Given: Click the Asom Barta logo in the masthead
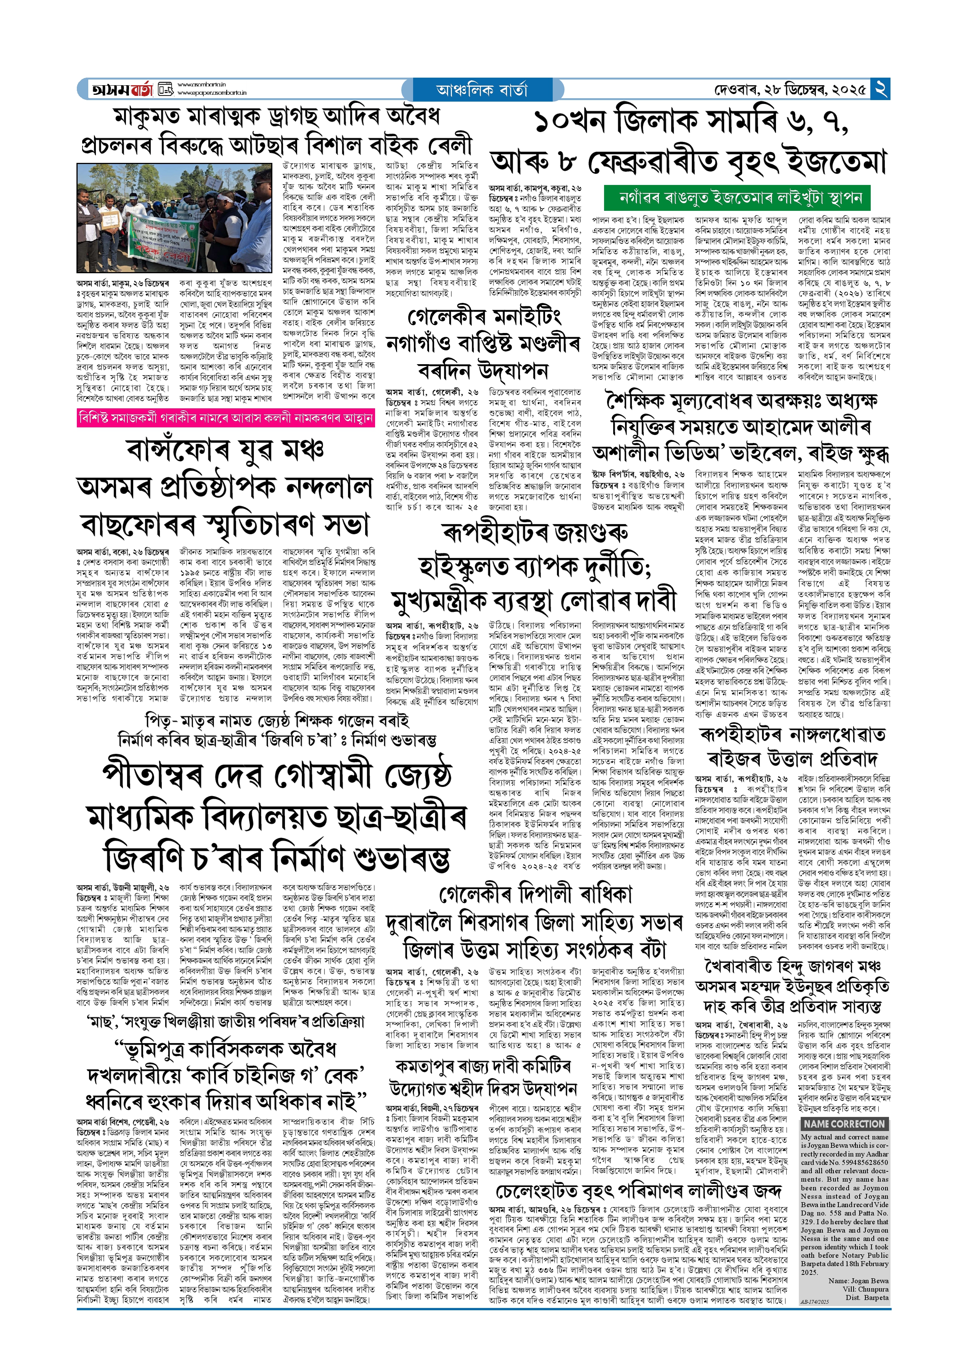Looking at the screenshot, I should click(x=123, y=89).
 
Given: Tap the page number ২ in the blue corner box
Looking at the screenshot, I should click(x=880, y=89).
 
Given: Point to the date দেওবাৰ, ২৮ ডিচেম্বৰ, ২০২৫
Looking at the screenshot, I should click(x=790, y=90).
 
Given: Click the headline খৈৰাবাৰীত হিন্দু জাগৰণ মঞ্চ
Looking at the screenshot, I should click(x=792, y=967).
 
